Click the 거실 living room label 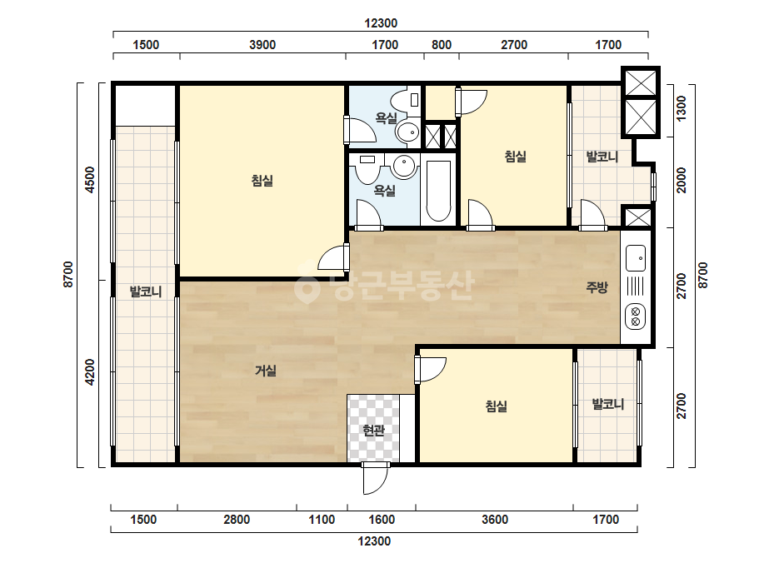tap(266, 371)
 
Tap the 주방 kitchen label tap(597, 287)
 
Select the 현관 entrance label tap(374, 431)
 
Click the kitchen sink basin tap(636, 257)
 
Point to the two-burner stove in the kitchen tap(636, 316)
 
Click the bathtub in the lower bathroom tap(438, 192)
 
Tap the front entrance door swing tap(376, 478)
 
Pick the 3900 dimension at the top tap(262, 45)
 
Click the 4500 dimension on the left tap(90, 180)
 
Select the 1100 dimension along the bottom tap(322, 520)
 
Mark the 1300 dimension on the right tap(682, 108)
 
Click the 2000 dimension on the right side tap(682, 180)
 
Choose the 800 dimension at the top tap(442, 45)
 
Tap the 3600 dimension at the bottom tap(495, 520)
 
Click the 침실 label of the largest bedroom tap(262, 181)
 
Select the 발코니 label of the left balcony tap(146, 292)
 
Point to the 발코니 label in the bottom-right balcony tap(608, 405)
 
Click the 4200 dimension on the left tap(90, 372)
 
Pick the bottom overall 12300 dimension tap(374, 541)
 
